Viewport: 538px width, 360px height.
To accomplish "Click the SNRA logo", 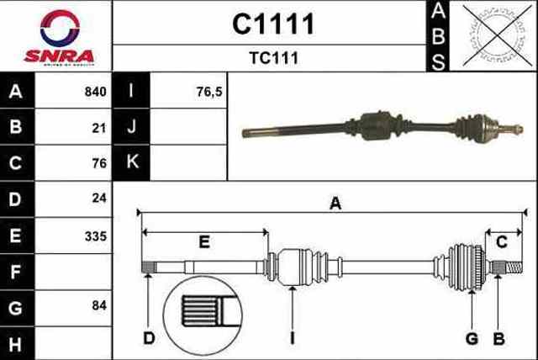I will pos(56,37).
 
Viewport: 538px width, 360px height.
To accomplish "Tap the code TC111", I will pos(272,59).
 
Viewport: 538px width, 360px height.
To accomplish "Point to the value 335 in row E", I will pos(96,237).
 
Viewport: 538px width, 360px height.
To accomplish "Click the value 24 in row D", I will pos(100,200).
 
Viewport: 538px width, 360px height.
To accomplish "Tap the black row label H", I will pos(15,342).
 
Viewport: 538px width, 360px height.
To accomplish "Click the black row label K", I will pos(132,162).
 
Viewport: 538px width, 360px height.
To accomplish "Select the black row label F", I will pos(15,271).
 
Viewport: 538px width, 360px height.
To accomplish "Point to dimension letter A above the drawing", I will pos(335,203).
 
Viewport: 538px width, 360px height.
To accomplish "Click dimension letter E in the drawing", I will pos(203,242).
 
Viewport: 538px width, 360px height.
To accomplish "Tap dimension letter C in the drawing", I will pos(502,242).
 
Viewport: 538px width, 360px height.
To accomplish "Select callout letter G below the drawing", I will pos(472,339).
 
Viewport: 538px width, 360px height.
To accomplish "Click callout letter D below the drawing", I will pos(149,339).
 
